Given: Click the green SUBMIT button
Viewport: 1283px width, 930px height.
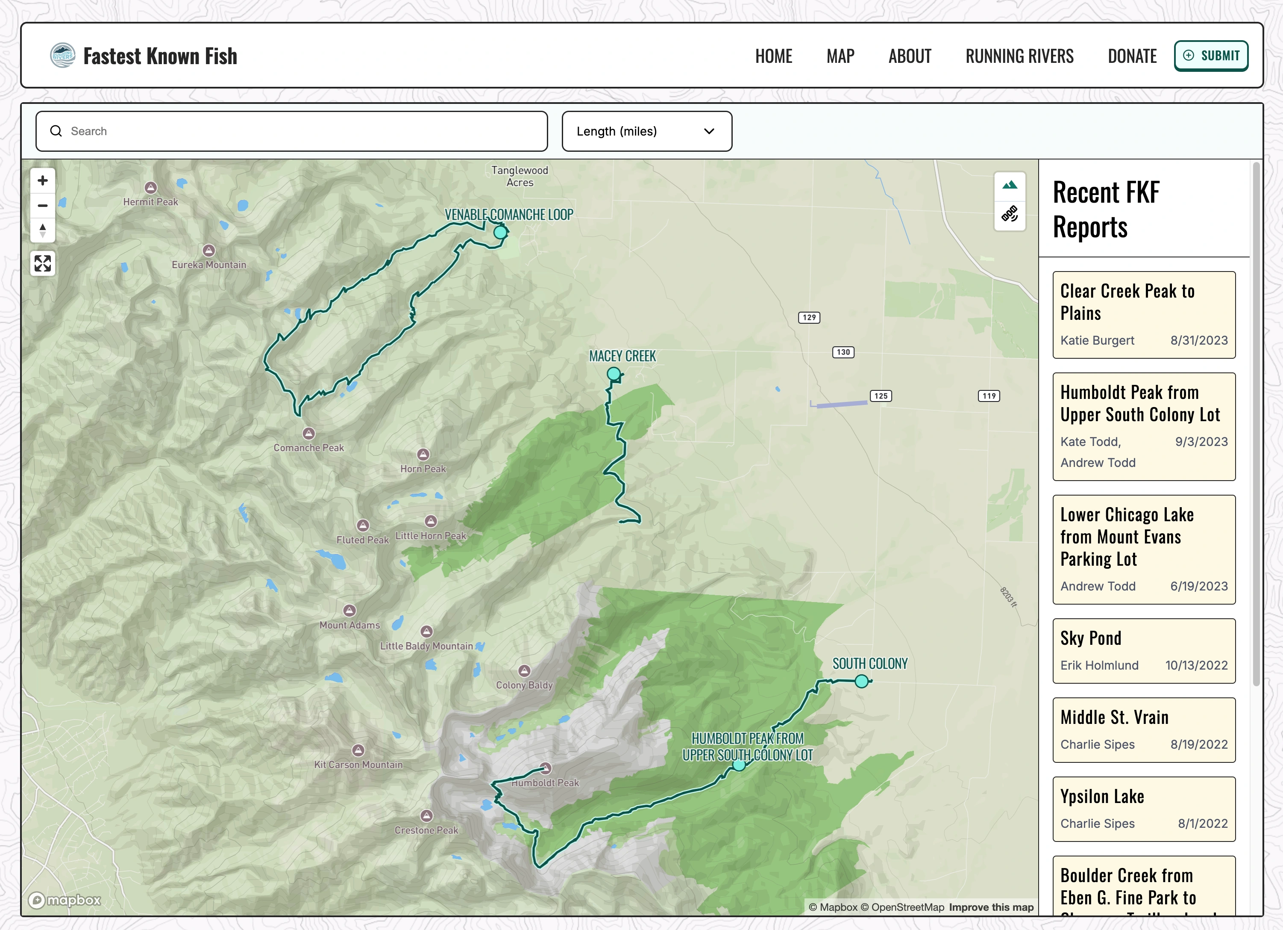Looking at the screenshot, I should point(1211,56).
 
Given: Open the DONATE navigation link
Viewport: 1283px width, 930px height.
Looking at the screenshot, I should point(1131,56).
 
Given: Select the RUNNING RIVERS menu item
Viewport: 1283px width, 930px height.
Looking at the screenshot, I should point(1019,56).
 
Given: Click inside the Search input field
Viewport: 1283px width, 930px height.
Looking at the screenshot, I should point(291,131).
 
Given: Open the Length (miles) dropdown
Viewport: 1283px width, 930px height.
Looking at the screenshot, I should point(646,131).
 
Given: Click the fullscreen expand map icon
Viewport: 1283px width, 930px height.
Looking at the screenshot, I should point(42,263).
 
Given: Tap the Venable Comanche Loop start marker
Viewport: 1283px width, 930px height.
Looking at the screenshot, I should point(500,232).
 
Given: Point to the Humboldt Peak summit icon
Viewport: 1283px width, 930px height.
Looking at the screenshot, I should point(545,768).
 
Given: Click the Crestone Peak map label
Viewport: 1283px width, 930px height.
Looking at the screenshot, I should point(426,830).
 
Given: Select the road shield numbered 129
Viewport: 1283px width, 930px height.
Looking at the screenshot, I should point(809,318).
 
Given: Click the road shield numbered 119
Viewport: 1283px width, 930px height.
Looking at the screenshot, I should point(988,396).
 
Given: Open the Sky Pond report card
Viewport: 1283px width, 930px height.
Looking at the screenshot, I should point(1143,650).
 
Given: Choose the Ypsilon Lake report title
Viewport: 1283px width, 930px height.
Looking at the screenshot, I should point(1101,797).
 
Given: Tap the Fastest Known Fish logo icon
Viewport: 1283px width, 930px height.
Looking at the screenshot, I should point(62,56).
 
